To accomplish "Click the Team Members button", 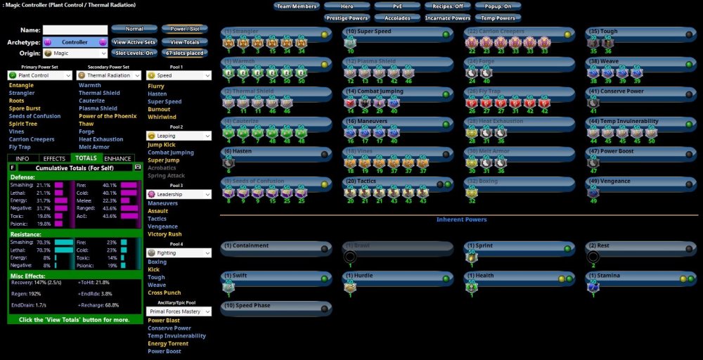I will pyautogui.click(x=296, y=6).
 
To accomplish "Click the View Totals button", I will pyautogui.click(x=184, y=41).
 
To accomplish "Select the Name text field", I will pyautogui.click(x=75, y=30).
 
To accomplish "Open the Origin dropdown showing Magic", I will pyautogui.click(x=75, y=53).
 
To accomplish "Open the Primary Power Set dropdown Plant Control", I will pyautogui.click(x=40, y=75).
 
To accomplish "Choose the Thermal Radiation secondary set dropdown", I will pyautogui.click(x=108, y=75).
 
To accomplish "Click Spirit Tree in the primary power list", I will pyautogui.click(x=23, y=124).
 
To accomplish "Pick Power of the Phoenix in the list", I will pyautogui.click(x=108, y=116).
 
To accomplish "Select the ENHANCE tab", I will pyautogui.click(x=118, y=158).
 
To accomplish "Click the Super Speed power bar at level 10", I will pyautogui.click(x=396, y=32).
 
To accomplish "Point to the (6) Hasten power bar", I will pyautogui.click(x=275, y=151).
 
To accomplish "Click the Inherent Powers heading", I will pyautogui.click(x=461, y=219).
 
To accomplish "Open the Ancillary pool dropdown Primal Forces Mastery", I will pyautogui.click(x=179, y=310).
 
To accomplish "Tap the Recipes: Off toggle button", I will pyautogui.click(x=448, y=6).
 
